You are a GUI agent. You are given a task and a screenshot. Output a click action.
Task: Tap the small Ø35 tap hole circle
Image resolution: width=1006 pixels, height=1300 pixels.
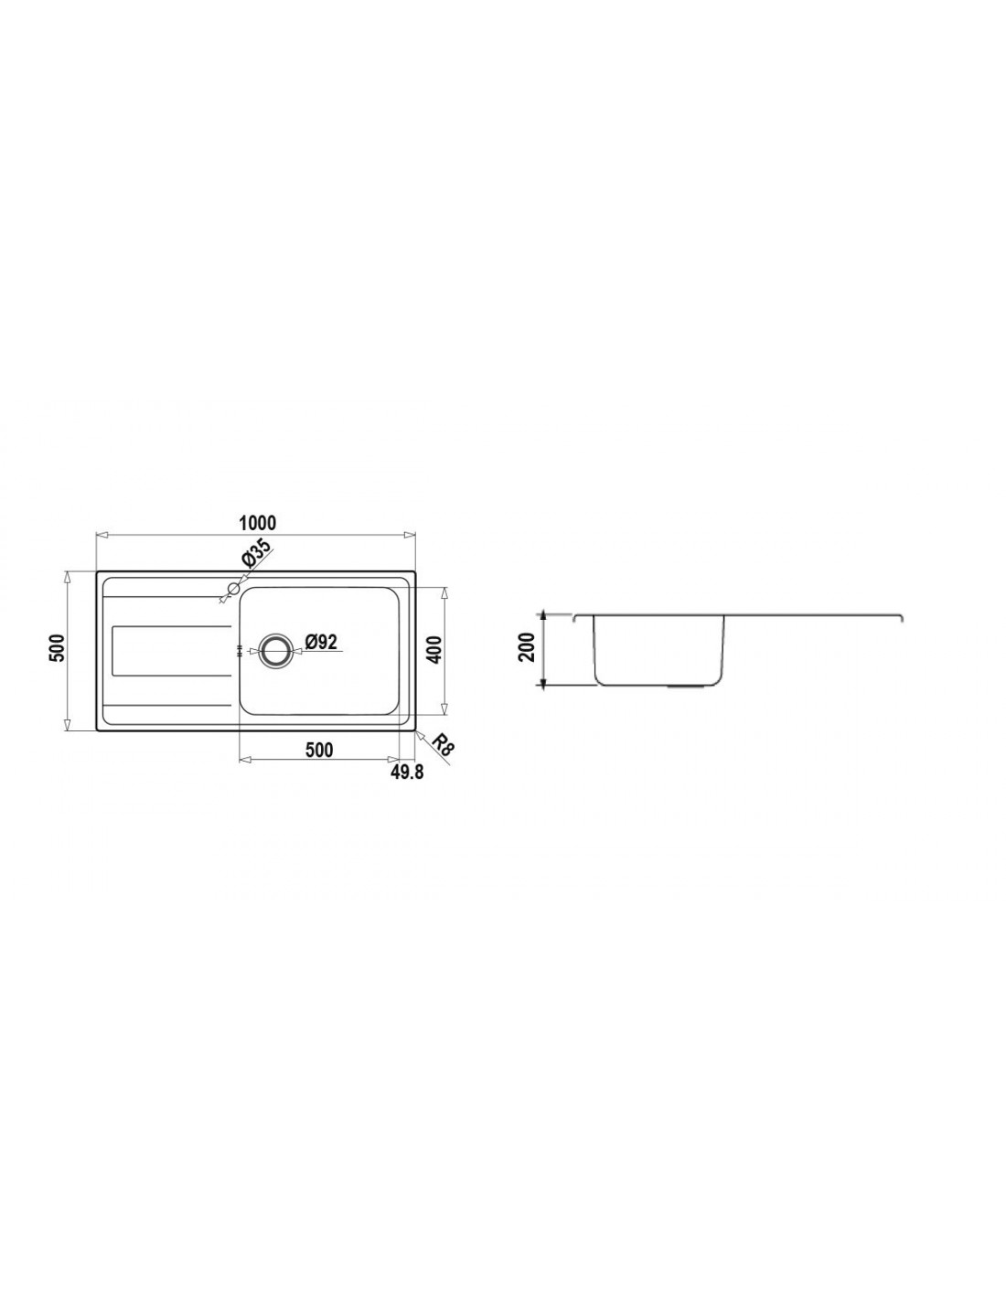click(234, 588)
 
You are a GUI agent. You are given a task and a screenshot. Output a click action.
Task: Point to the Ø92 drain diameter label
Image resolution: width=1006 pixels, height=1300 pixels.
click(321, 642)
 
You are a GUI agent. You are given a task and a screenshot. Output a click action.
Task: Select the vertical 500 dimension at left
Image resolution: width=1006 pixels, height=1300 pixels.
click(56, 647)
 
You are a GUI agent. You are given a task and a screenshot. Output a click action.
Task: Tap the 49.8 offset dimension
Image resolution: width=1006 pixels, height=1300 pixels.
click(407, 773)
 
